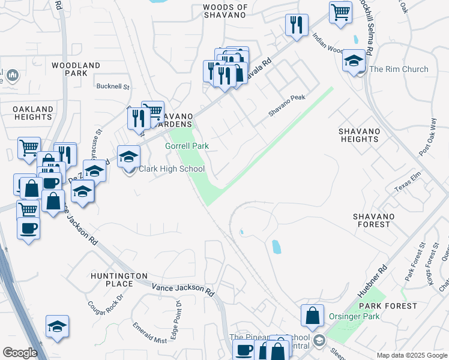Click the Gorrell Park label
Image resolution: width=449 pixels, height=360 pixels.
pyautogui.click(x=187, y=146)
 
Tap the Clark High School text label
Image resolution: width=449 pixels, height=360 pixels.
pyautogui.click(x=172, y=169)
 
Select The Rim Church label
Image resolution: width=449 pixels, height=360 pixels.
pyautogui.click(x=399, y=69)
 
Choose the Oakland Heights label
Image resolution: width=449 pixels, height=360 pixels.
pyautogui.click(x=33, y=113)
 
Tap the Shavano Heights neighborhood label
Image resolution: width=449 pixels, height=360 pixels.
pyautogui.click(x=359, y=135)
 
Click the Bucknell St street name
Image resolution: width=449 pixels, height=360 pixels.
pyautogui.click(x=113, y=86)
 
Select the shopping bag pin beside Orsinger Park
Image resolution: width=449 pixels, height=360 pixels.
pyautogui.click(x=312, y=316)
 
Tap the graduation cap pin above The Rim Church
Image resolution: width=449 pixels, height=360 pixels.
pyautogui.click(x=354, y=61)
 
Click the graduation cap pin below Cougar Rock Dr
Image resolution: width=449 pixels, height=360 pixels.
pyautogui.click(x=58, y=327)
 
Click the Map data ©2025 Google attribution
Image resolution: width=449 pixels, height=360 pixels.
pyautogui.click(x=412, y=355)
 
